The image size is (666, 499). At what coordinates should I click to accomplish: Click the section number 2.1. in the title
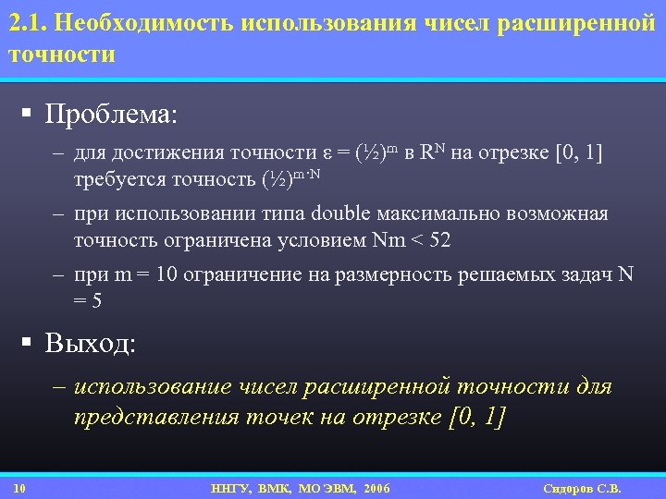click(28, 22)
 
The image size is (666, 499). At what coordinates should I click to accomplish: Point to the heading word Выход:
click(91, 345)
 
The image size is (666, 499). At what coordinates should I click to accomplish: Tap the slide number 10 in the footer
click(20, 488)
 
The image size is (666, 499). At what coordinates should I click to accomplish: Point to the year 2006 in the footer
click(377, 488)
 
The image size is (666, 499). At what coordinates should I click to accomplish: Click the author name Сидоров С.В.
click(584, 488)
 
